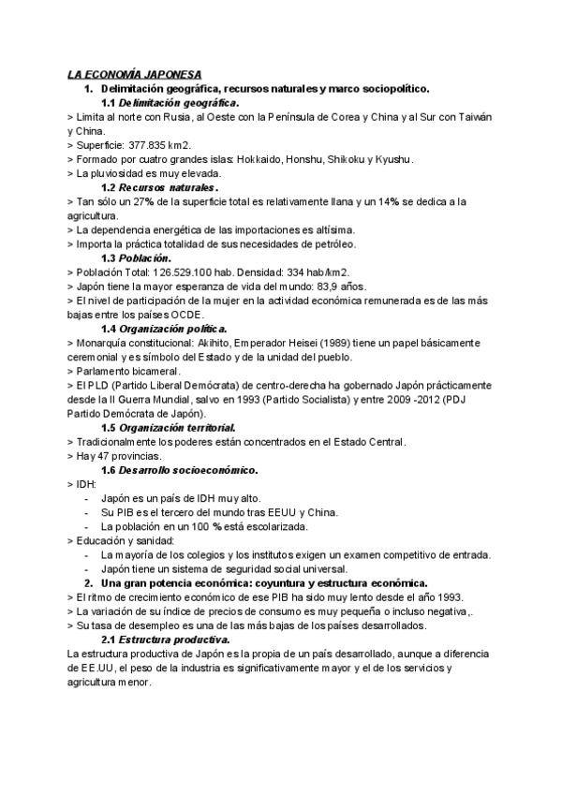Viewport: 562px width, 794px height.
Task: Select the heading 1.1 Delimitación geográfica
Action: click(170, 102)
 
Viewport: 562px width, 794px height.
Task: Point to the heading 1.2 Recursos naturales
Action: click(159, 187)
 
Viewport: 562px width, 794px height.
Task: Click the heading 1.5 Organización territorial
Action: click(169, 427)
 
